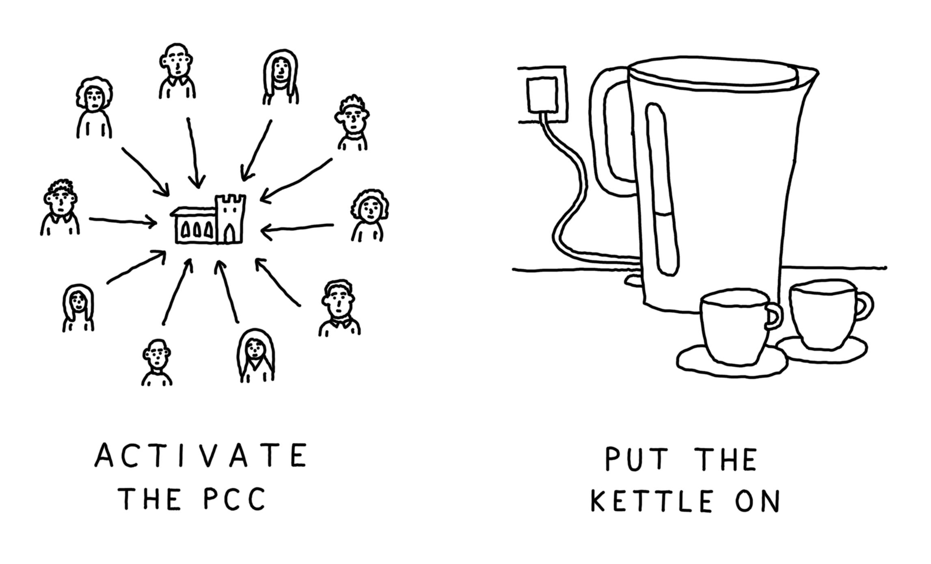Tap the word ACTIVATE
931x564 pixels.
click(x=201, y=455)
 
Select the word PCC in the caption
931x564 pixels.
click(x=234, y=499)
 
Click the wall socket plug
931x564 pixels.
click(x=542, y=96)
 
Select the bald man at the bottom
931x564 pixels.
click(x=157, y=363)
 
